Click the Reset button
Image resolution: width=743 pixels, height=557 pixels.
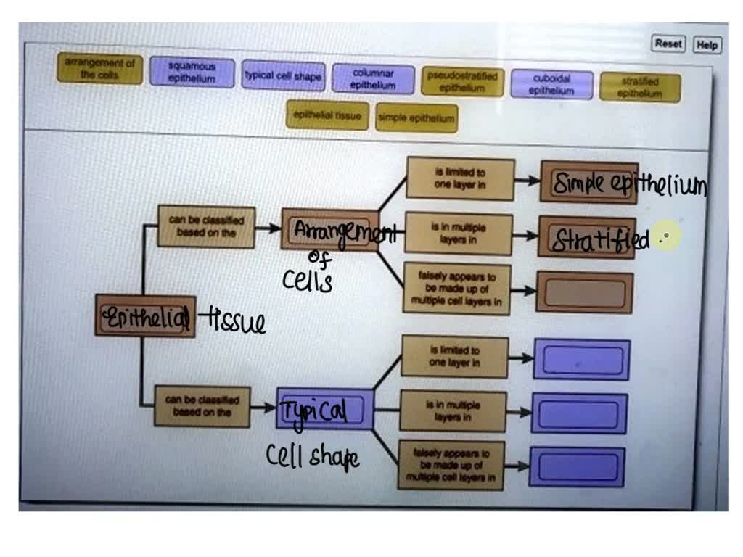pos(668,44)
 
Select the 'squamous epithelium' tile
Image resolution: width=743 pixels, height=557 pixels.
pos(192,73)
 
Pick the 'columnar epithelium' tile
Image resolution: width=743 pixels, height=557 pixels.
pos(373,78)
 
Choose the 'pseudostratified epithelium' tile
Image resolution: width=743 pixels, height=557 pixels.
pos(461,81)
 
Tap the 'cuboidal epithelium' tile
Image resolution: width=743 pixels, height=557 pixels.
pos(551,84)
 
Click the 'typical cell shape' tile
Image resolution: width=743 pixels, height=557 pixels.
pos(282,75)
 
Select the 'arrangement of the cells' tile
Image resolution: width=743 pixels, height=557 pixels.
pos(99,68)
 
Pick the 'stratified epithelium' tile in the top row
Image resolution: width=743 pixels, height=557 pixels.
pos(639,88)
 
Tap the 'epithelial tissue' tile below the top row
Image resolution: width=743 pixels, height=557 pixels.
pos(327,115)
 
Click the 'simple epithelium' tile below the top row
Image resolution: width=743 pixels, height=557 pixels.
pos(416,117)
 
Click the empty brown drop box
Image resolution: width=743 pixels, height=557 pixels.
pos(584,293)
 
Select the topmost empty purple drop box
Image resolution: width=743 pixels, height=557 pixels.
pos(582,360)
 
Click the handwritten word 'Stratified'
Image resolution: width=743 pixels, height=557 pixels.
pos(600,240)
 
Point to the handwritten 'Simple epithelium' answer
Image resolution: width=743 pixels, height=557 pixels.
pos(628,185)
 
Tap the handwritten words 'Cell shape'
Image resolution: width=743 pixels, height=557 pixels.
pos(312,456)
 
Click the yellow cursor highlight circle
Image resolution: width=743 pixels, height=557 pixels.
pos(666,236)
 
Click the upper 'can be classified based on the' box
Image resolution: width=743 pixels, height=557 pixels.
pos(206,226)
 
